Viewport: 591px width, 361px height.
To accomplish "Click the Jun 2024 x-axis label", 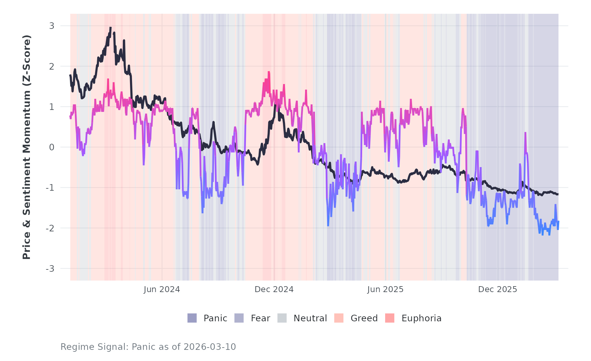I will [x=162, y=289].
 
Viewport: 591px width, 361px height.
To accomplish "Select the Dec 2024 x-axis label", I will [x=274, y=289].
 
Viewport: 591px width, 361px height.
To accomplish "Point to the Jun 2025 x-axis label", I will [x=385, y=289].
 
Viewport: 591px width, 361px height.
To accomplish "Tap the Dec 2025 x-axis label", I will [x=497, y=289].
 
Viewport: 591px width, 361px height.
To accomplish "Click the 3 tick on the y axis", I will [x=52, y=26].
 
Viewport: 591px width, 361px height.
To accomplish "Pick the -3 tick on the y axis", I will [x=50, y=269].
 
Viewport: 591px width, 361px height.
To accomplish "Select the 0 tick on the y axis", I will [x=52, y=147].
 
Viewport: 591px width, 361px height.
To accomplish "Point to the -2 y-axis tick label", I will [x=50, y=228].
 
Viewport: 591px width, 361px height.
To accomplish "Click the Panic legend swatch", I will [x=192, y=318].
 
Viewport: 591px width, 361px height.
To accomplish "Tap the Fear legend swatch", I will [x=239, y=318].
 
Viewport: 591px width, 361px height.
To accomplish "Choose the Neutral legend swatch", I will [x=282, y=318].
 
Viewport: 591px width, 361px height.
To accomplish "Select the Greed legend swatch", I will [x=339, y=318].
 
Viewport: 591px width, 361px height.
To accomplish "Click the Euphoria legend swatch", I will [x=390, y=318].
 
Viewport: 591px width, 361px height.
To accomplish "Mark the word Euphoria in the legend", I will [x=421, y=318].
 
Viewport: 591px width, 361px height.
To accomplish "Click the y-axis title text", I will [x=27, y=147].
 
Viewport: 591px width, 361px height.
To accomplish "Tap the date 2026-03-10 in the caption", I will [x=209, y=347].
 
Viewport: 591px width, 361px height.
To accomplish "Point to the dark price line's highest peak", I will [x=111, y=28].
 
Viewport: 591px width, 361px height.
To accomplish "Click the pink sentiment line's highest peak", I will [x=269, y=72].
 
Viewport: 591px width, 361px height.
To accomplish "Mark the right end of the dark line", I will [x=558, y=194].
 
